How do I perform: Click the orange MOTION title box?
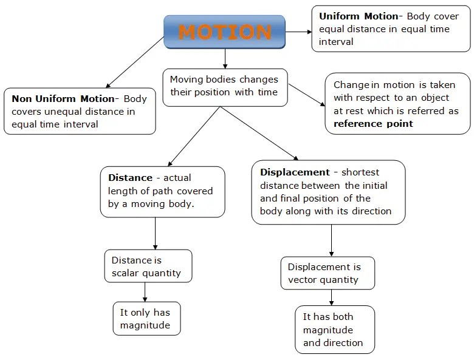pos(225,32)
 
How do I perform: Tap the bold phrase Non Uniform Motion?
pos(63,98)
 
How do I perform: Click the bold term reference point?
pos(373,123)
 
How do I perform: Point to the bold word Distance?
pos(130,178)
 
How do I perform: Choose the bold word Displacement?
pos(295,172)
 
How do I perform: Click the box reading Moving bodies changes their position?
pos(225,86)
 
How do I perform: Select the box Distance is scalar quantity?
pos(147,266)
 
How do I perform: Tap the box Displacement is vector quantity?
pos(327,273)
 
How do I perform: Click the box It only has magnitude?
pos(146,318)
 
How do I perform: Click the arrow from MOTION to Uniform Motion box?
pos(298,32)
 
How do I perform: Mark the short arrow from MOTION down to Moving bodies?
pos(225,58)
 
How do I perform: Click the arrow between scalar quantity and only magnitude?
pos(145,291)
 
